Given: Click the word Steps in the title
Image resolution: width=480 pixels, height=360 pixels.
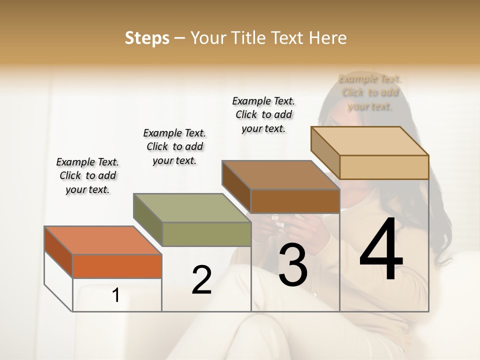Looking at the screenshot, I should coord(146,38).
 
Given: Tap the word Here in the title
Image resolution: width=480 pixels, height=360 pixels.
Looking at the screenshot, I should coord(327,38).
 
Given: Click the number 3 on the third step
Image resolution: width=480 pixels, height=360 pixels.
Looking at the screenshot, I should coord(292,265).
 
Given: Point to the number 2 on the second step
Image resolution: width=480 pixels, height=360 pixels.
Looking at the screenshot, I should coord(201,280).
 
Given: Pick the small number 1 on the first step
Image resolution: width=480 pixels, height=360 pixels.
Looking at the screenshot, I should coord(116,295).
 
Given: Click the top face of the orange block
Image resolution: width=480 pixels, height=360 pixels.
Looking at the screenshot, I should coord(102,240).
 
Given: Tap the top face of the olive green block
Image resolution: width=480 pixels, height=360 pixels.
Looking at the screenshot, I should coord(191,208).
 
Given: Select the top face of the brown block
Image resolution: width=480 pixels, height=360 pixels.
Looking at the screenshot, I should coord(280,175).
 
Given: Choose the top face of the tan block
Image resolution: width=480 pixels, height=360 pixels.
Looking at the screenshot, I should coord(369,141).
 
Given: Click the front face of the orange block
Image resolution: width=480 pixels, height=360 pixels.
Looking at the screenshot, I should coord(117,266).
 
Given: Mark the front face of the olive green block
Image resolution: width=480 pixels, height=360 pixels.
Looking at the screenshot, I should coord(206,234).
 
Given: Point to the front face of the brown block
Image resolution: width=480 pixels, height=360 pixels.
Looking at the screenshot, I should coord(295,201).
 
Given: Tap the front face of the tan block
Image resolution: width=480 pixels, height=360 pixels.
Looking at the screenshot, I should coord(384,167).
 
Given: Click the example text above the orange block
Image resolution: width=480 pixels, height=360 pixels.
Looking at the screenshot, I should coord(87,175).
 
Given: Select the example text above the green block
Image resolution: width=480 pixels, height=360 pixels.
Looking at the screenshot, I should coord(174,146).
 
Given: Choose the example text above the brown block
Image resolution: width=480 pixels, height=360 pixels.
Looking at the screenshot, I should coord(263,114).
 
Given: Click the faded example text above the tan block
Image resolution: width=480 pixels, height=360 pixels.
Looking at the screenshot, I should coord(370,92).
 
